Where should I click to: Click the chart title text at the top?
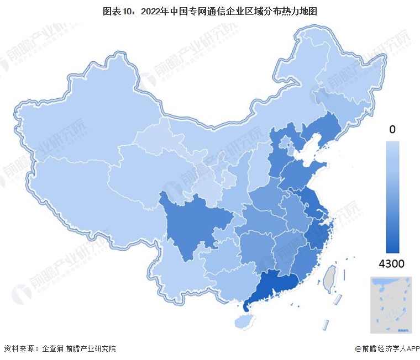pos(210,10)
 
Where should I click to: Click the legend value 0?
pos(392,130)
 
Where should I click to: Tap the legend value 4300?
pos(391,264)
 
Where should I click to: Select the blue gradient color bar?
pos(392,197)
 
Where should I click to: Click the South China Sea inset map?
pos(392,305)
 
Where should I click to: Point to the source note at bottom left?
pos(60,348)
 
